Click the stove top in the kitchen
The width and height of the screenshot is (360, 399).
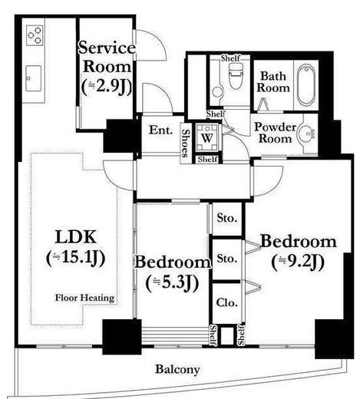point(35,35)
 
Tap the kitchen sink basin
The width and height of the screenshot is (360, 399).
point(33,78)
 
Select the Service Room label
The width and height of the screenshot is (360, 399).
point(107,58)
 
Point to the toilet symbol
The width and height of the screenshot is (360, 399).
point(236,75)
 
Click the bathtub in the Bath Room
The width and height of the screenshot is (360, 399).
point(306,84)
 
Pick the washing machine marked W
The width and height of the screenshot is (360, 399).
point(206,137)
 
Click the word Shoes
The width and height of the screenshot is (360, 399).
point(186,143)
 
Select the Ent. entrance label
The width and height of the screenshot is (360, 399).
point(160,130)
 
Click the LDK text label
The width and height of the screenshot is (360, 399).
point(76,237)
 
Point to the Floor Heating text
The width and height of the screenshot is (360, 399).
point(84,298)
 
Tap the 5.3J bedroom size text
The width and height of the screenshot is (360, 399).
point(172,283)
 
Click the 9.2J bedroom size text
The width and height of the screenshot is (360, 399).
point(299,262)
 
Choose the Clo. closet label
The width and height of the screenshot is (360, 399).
point(226,303)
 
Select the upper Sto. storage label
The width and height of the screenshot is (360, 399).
point(226,218)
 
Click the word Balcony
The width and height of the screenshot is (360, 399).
point(177,370)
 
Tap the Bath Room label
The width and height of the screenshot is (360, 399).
point(273,82)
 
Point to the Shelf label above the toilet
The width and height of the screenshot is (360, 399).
point(231,58)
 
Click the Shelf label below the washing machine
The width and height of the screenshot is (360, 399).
point(207,160)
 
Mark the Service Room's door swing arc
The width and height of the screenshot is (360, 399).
point(160,41)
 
